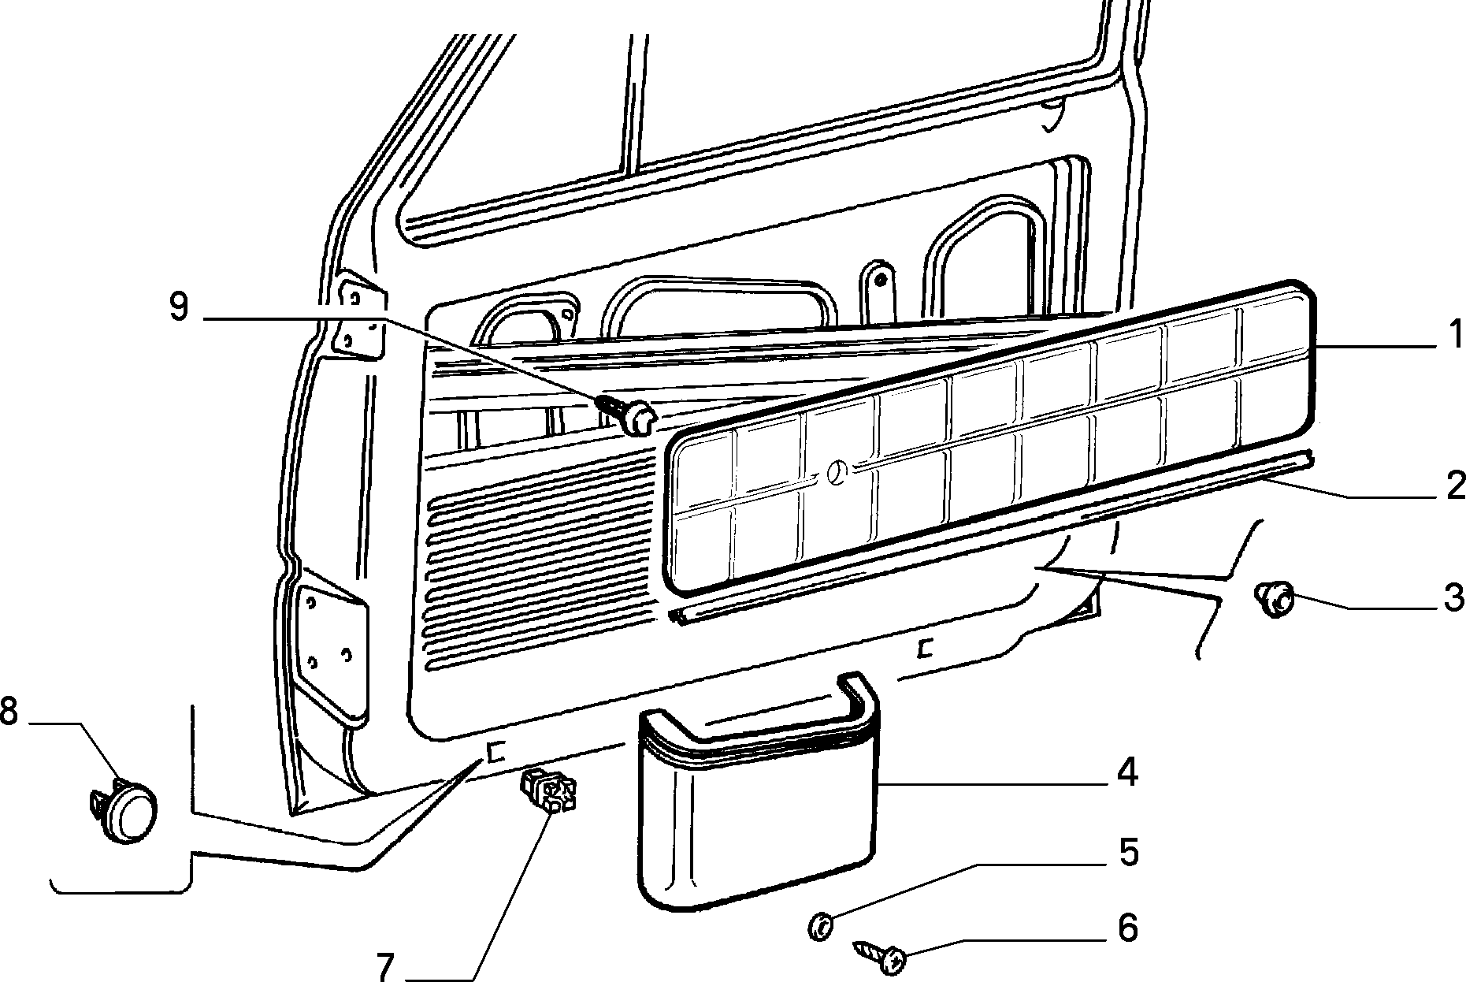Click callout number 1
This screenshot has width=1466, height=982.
tap(1454, 334)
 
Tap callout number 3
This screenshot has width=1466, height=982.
tap(1453, 598)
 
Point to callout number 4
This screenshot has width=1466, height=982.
tap(1126, 772)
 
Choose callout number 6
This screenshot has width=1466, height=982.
tap(1128, 928)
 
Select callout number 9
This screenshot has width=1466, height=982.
tap(179, 307)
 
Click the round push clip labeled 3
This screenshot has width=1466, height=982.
tap(1275, 598)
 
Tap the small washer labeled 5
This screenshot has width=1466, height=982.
tap(820, 924)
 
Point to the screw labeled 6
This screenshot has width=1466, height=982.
tap(878, 954)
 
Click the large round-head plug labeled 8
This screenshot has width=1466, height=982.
tap(123, 810)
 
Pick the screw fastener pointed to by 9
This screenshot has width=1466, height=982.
tap(628, 414)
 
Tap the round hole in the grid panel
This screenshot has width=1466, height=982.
tap(837, 474)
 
